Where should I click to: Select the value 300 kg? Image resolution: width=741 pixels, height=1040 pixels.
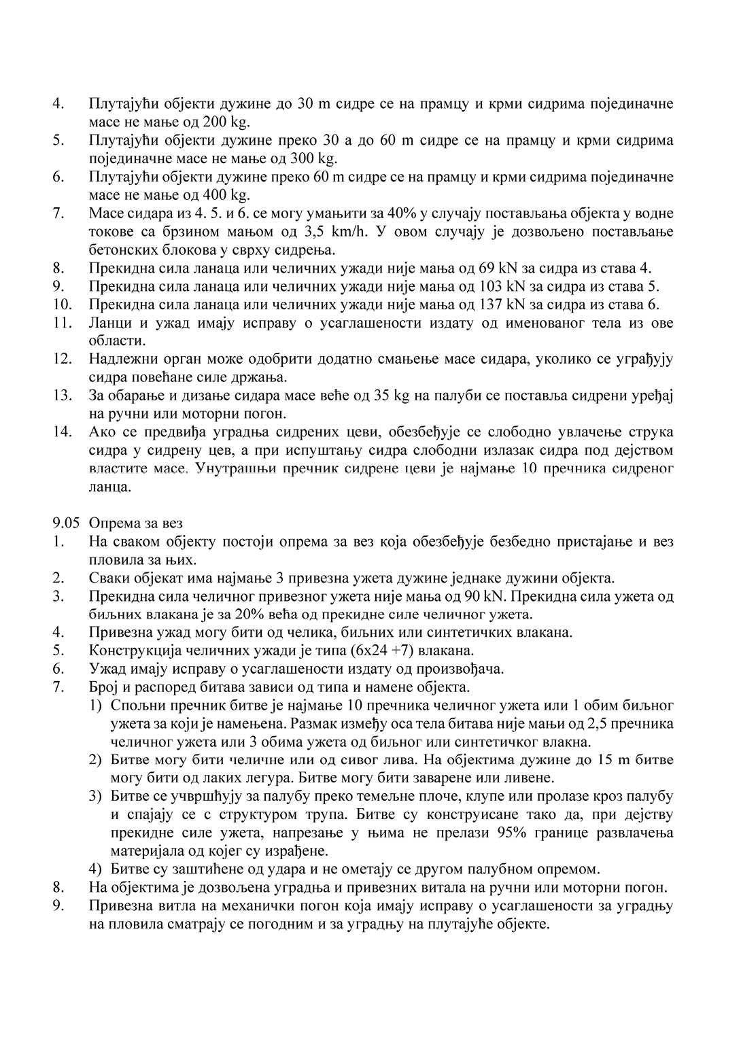(313, 158)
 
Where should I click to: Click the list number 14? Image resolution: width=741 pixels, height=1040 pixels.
(62, 432)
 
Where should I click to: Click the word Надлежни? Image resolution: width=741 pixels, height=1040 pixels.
(122, 359)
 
